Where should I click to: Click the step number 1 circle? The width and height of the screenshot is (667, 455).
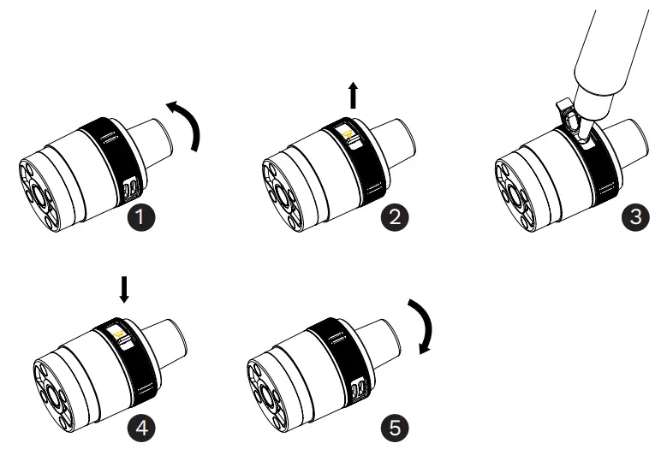coord(146,217)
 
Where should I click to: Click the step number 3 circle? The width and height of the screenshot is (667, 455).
coord(634,217)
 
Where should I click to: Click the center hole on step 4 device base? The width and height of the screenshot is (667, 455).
coord(53,394)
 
